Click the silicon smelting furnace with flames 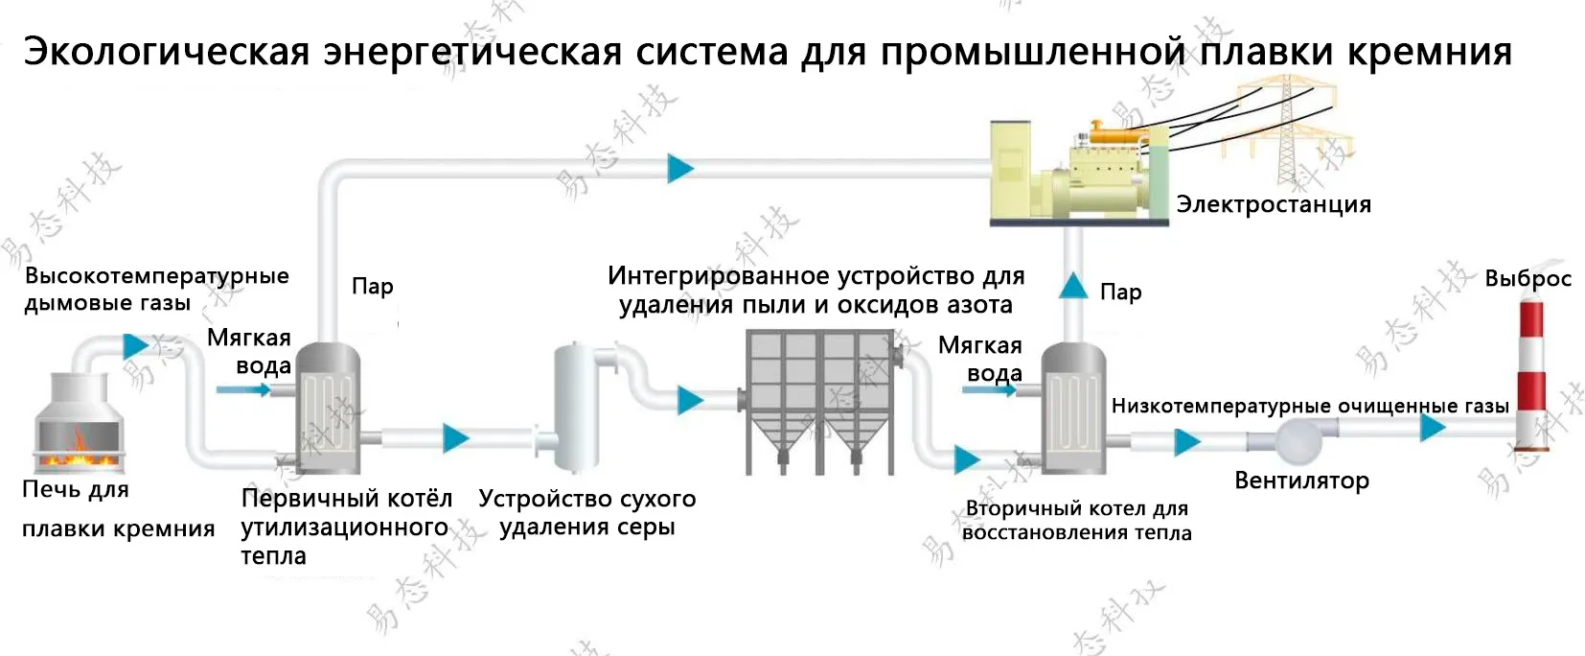point(79,427)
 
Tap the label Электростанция point(1273,204)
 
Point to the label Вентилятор point(1301,480)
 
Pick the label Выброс point(1528,278)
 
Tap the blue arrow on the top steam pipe point(680,168)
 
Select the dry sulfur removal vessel point(576,407)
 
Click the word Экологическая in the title point(167,52)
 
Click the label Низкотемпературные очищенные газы point(1309,406)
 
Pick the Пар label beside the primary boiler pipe point(372,286)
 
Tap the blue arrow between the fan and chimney point(1432,427)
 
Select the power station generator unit point(1078,173)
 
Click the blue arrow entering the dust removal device point(689,399)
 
